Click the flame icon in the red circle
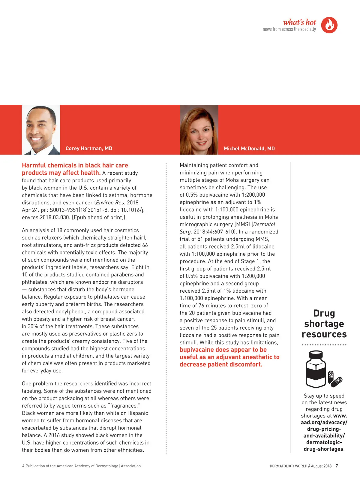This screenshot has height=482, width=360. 329,25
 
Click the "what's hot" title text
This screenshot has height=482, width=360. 299,22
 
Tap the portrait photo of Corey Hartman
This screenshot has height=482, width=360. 41,130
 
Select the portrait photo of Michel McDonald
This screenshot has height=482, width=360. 199,130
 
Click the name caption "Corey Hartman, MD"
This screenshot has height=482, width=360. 89,148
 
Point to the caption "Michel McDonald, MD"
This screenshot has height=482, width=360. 249,149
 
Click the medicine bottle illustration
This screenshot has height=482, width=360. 316,369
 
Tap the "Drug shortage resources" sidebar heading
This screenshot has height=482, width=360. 324,324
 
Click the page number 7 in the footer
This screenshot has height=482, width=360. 337,466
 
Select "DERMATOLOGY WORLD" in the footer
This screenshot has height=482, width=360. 288,466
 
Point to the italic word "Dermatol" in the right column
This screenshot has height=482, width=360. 264,224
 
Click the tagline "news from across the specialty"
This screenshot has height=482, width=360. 289,29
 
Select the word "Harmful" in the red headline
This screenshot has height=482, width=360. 34,165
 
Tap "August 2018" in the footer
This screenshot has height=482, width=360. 321,466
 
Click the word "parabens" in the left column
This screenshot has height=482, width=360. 123,275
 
